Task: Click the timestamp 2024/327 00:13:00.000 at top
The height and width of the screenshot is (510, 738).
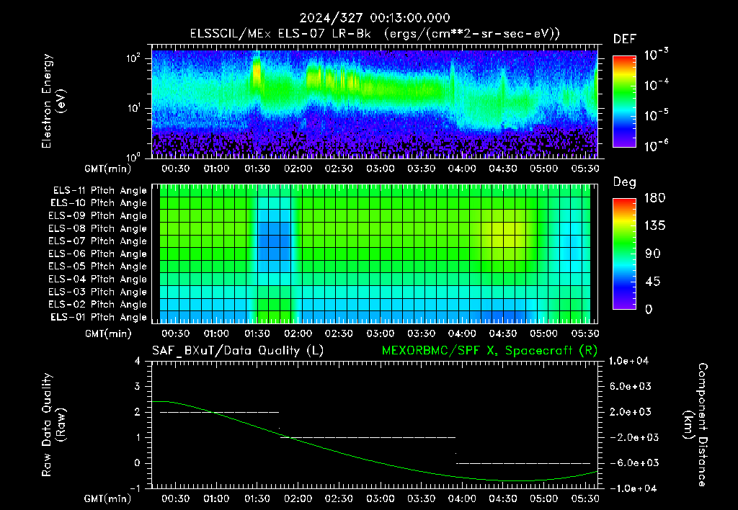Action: click(x=375, y=18)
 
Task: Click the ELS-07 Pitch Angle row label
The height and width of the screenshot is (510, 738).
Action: click(x=97, y=241)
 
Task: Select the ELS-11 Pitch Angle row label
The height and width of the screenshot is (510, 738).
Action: click(x=99, y=191)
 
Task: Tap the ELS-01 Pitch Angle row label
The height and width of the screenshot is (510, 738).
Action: click(x=98, y=317)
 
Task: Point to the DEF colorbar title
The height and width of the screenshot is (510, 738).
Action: click(x=625, y=39)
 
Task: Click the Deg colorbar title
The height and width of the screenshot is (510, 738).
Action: click(x=625, y=182)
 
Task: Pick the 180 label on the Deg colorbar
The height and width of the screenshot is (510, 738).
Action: click(x=654, y=197)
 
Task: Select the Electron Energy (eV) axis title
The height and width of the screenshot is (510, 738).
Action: click(x=53, y=101)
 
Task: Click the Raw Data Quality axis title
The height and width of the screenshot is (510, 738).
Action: click(x=53, y=425)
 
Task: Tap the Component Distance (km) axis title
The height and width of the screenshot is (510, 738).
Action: click(x=695, y=425)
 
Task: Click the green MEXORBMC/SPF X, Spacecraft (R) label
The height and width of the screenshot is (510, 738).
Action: click(x=489, y=351)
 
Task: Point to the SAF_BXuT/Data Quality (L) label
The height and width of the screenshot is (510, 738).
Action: click(x=238, y=351)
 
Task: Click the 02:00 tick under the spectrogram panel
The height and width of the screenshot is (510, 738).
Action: click(x=298, y=169)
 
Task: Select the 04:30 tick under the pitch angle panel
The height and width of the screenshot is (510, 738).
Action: click(x=502, y=334)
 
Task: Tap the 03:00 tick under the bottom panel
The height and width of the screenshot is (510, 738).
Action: click(x=380, y=498)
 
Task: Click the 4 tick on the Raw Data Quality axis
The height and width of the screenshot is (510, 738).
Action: click(x=138, y=361)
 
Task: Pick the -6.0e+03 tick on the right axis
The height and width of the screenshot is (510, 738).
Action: click(x=630, y=463)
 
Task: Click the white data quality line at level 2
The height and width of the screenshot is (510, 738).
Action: click(x=219, y=412)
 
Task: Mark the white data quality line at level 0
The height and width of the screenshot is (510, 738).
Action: click(x=523, y=463)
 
